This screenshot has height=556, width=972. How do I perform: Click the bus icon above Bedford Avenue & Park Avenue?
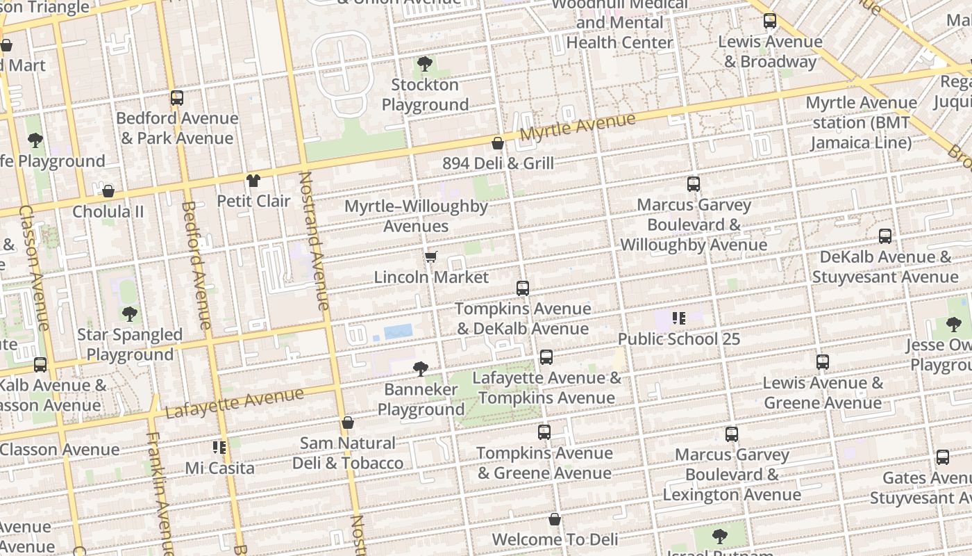tap(177, 98)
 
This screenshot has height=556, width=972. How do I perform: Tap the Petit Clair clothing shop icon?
tap(253, 181)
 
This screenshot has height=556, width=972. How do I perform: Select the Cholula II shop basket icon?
tap(108, 191)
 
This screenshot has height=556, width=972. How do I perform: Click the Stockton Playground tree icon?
tap(424, 65)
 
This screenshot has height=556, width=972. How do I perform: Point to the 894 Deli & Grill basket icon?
tap(498, 144)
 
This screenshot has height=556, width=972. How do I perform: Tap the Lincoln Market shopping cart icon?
tap(431, 257)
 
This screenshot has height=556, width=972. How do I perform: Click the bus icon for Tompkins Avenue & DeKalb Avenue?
tap(523, 288)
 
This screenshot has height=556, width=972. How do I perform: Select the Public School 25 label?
tap(678, 339)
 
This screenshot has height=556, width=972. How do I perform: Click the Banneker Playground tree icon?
tap(420, 369)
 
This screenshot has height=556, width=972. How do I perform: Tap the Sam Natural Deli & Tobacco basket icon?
tap(348, 423)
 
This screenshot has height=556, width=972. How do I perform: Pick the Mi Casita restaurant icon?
tap(219, 448)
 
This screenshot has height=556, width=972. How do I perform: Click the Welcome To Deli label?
tap(555, 539)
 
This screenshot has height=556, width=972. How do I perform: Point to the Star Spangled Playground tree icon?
tap(129, 314)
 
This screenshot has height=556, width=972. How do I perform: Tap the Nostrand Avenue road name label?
tap(313, 240)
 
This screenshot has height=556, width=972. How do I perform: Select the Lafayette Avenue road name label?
tap(235, 404)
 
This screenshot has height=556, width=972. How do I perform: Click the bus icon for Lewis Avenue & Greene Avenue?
tap(823, 362)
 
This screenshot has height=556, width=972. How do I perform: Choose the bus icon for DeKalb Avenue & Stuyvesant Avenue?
tap(885, 236)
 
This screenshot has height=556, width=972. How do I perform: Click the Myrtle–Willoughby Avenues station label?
tap(416, 216)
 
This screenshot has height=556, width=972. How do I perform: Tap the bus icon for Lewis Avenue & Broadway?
tap(770, 22)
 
